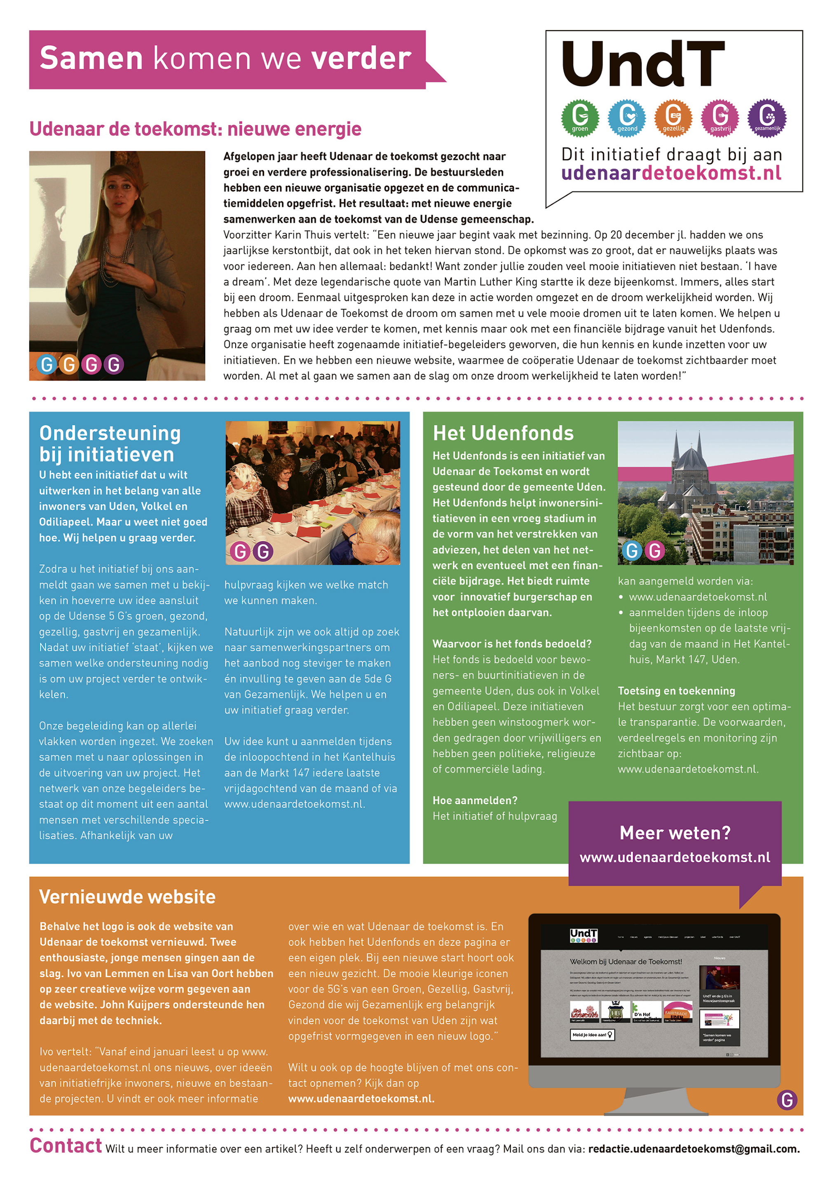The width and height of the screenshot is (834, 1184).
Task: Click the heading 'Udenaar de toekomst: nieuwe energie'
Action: click(195, 129)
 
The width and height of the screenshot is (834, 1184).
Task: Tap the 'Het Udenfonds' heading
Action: click(503, 433)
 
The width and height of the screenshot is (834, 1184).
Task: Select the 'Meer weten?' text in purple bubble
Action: click(675, 833)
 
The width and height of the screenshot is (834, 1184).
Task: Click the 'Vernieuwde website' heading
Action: click(127, 897)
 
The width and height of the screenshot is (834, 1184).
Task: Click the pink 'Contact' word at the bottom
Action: click(66, 1145)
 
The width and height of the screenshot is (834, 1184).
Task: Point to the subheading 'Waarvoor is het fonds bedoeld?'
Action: click(512, 643)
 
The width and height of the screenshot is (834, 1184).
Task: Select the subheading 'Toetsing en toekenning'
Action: click(676, 690)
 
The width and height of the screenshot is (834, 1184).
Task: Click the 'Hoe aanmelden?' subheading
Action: click(475, 800)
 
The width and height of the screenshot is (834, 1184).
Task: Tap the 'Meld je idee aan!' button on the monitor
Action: click(592, 1034)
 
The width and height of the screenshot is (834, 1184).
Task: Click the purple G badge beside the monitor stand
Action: click(787, 1100)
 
